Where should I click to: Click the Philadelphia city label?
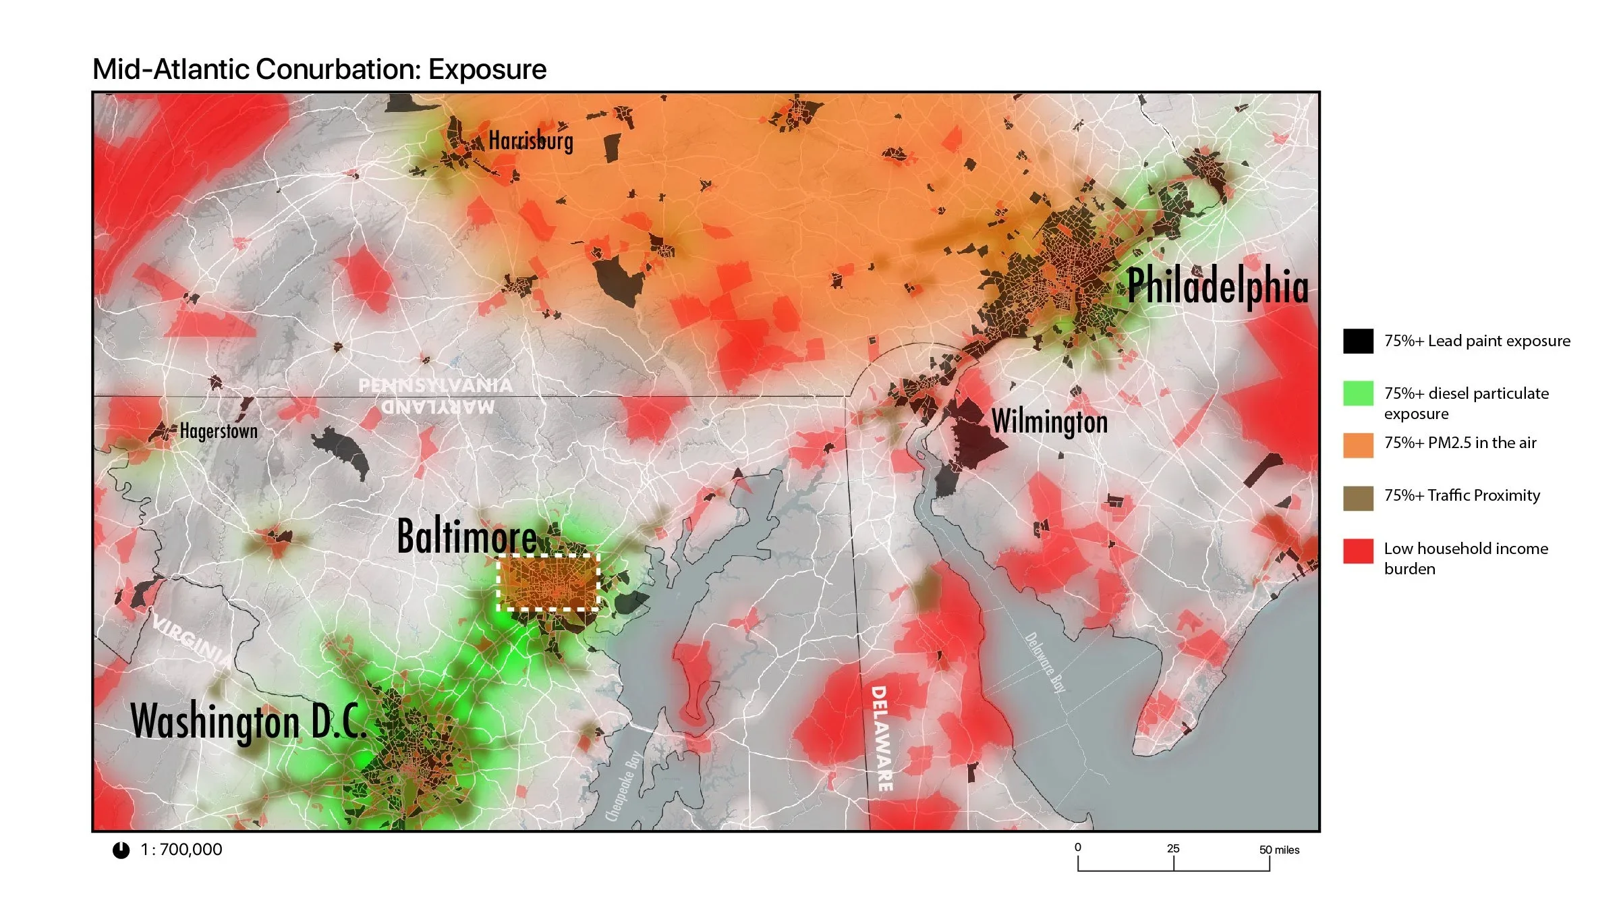click(x=1218, y=286)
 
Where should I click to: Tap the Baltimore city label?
click(x=467, y=537)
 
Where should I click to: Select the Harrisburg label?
click(x=531, y=141)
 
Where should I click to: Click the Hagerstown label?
click(x=219, y=431)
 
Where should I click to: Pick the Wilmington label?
click(x=1050, y=422)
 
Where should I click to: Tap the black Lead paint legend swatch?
click(x=1358, y=341)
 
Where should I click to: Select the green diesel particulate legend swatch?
click(x=1358, y=393)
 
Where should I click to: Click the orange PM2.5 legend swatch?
click(x=1358, y=445)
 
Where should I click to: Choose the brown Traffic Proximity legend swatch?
click(x=1358, y=498)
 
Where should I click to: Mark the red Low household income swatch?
click(x=1358, y=551)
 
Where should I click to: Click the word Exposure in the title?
click(x=487, y=70)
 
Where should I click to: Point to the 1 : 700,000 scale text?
click(x=181, y=850)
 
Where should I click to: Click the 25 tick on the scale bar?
click(x=1173, y=850)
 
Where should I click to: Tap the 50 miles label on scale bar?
click(x=1279, y=850)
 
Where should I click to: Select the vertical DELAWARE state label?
click(x=881, y=738)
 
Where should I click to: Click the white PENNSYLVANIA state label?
click(x=435, y=385)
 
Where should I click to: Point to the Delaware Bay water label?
click(x=1045, y=662)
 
